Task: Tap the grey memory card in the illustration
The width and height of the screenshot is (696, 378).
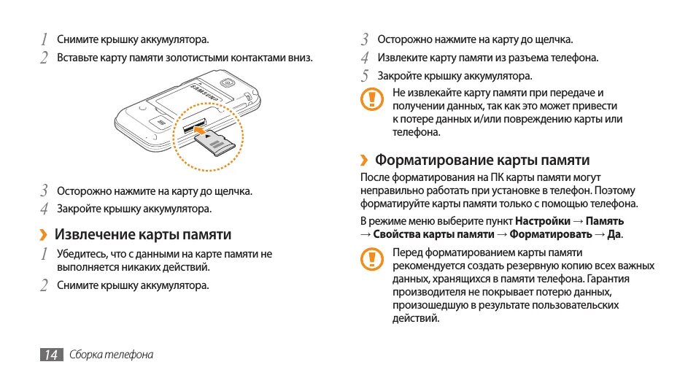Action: click(218, 144)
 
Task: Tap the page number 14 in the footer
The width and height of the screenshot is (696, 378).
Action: click(50, 355)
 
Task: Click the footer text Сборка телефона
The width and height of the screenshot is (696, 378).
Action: click(112, 355)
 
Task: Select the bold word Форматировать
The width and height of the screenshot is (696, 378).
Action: click(551, 234)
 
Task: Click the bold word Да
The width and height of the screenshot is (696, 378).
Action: click(614, 234)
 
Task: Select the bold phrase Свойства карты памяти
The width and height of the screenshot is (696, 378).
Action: click(433, 234)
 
